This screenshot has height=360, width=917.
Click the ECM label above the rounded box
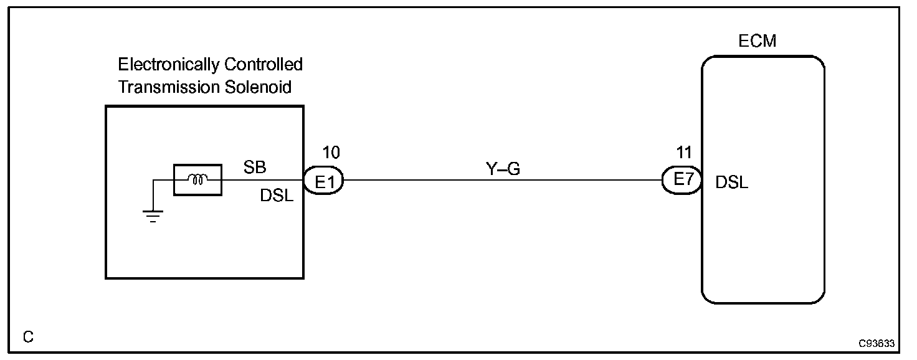click(757, 42)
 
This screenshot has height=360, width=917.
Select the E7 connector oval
click(682, 181)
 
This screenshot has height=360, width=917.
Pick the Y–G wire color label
click(502, 168)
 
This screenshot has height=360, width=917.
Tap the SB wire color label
click(254, 168)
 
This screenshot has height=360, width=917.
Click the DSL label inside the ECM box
click(732, 183)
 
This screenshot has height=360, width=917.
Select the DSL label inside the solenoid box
click(277, 196)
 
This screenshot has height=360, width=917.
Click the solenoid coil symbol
click(197, 181)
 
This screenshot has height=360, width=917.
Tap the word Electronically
click(168, 65)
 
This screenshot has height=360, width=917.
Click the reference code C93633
click(876, 343)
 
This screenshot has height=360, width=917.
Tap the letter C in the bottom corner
click(28, 338)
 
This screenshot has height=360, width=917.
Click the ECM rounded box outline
click(703, 249)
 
